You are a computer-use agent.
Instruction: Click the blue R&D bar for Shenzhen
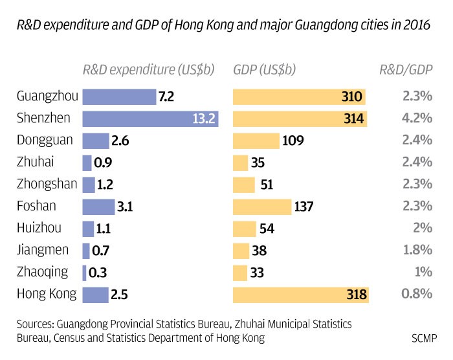150,119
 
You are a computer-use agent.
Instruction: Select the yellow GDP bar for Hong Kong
300,295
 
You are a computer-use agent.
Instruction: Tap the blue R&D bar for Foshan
98,207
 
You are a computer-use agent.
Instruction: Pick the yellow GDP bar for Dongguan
256,141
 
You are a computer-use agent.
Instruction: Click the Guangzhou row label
48,96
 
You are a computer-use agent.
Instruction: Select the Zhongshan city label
47,185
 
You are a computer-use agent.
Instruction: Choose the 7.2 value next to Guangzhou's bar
167,97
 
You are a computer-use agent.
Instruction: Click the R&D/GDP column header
406,69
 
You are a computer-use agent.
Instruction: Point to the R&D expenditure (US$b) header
148,69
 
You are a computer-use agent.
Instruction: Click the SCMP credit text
424,338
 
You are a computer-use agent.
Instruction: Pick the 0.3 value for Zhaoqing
98,273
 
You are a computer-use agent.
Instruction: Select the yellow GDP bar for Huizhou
244,229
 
